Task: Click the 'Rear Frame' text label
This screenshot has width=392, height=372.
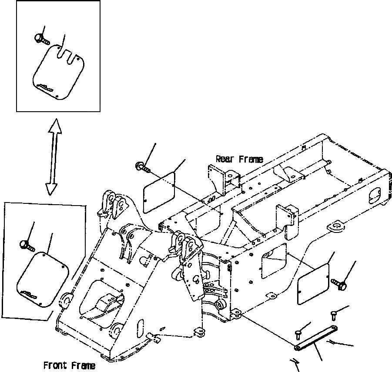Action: tap(239, 159)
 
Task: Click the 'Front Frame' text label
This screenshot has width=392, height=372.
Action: tap(69, 365)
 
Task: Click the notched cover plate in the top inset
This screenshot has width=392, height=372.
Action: tap(58, 72)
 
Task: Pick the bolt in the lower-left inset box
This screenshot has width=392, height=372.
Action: tap(27, 244)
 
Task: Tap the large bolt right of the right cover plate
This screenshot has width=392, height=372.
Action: tap(340, 284)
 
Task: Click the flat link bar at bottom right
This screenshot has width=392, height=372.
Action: tap(314, 337)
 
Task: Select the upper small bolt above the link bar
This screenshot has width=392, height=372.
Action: tap(334, 313)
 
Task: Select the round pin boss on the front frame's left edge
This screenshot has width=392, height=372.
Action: tap(66, 299)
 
